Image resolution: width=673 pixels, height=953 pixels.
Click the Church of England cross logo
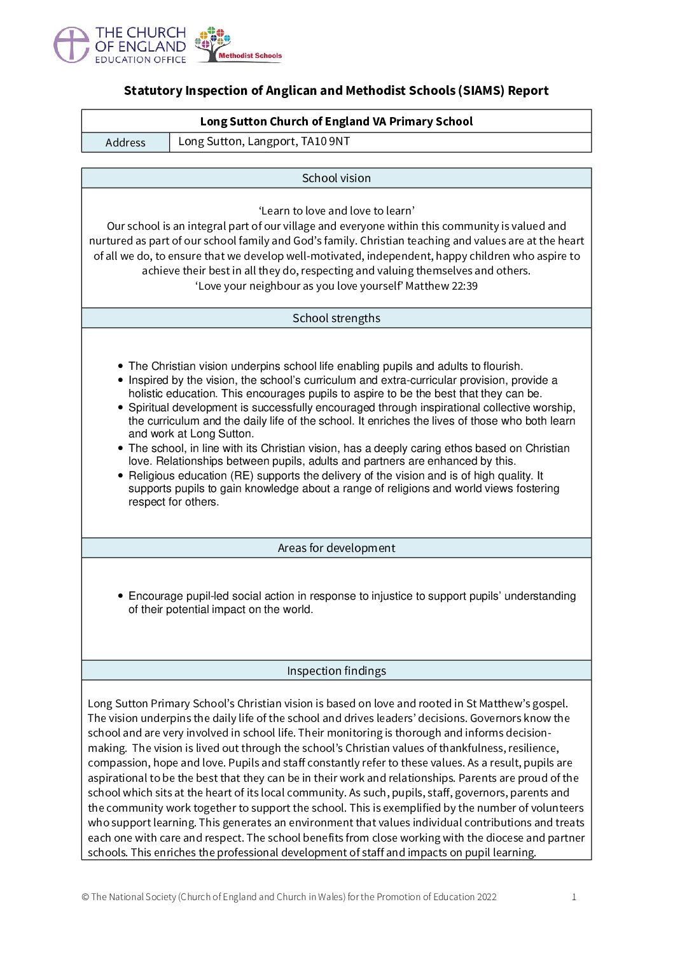pos(71,45)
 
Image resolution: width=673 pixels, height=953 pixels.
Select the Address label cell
pos(125,143)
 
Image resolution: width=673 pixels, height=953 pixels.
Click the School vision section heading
pos(336,178)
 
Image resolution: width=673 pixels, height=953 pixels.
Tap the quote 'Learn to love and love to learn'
pos(336,211)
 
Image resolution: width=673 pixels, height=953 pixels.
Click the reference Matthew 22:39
pos(441,286)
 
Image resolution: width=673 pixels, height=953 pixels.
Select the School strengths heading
pos(336,318)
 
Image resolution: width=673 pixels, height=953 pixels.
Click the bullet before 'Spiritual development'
pos(121,407)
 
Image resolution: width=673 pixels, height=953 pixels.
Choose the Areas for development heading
pos(336,548)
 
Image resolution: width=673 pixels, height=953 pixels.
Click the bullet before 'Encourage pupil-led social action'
pos(121,596)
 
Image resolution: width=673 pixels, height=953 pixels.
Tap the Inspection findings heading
pos(336,671)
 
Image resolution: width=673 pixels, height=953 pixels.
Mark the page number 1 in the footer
pos(574,897)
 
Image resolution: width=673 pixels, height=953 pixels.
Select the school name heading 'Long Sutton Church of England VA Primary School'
pos(336,121)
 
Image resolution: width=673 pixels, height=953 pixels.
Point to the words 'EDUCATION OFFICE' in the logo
pos(141,60)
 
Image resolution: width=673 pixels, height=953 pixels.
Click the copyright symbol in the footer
pos(85,897)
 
